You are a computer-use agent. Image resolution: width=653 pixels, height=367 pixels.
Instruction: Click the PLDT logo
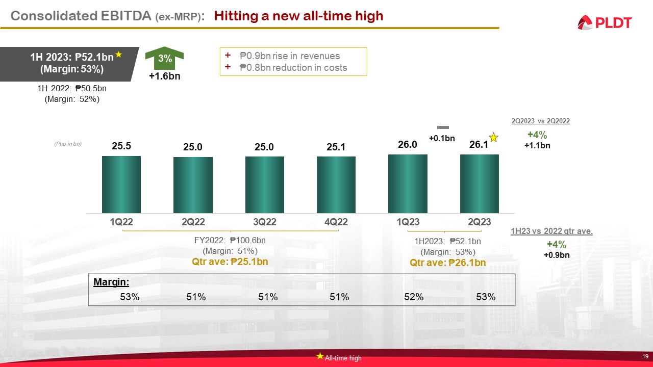tap(605, 22)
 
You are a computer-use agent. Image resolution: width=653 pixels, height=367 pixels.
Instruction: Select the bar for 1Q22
tap(121, 184)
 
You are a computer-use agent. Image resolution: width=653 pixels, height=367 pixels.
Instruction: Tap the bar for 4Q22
tap(336, 185)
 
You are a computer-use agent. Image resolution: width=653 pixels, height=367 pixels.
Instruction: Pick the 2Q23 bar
tap(480, 183)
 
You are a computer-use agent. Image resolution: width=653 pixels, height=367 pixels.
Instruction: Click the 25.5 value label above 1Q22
tap(121, 146)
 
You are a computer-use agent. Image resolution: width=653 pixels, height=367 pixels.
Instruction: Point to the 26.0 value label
tap(408, 145)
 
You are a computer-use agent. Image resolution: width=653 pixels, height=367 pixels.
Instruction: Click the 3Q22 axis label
tap(264, 222)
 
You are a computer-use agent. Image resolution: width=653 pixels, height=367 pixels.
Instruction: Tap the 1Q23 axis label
tap(408, 222)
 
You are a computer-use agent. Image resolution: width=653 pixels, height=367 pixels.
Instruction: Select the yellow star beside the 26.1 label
tap(493, 138)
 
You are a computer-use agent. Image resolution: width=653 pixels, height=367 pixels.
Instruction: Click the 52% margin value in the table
tap(414, 297)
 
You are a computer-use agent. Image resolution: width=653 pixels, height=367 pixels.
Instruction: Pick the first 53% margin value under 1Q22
tap(130, 297)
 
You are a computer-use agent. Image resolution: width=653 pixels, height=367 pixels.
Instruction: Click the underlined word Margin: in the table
tap(111, 282)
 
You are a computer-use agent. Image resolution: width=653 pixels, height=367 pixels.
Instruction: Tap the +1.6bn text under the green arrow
tap(164, 76)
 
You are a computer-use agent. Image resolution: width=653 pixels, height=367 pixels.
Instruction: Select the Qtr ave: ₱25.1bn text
tap(230, 262)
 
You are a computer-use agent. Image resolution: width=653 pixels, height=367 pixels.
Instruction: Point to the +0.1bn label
tap(442, 138)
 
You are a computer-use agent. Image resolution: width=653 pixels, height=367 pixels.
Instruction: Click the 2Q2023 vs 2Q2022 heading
tap(540, 121)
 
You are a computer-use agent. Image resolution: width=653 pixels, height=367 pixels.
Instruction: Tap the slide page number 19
tap(645, 356)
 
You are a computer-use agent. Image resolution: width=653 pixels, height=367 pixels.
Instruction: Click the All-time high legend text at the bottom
tap(343, 358)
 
